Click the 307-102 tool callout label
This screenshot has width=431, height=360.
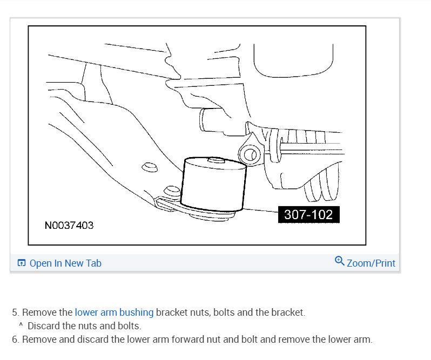point(309,214)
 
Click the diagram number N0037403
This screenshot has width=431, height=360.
point(69,226)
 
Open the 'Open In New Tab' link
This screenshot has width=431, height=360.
point(65,263)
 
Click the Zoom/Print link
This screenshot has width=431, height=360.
point(371,263)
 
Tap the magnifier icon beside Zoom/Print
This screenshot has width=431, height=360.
point(340,261)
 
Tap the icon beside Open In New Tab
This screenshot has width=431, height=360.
point(22,263)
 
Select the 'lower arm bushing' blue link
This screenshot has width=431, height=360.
point(114,312)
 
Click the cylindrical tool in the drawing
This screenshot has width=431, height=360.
point(214,184)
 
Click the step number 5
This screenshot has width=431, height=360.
point(15,312)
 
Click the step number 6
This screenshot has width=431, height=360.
point(15,339)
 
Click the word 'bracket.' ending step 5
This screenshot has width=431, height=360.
point(289,312)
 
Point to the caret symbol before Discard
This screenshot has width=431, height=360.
point(21,325)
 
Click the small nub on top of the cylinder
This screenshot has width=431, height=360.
point(216,159)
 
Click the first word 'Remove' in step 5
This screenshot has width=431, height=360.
point(39,312)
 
